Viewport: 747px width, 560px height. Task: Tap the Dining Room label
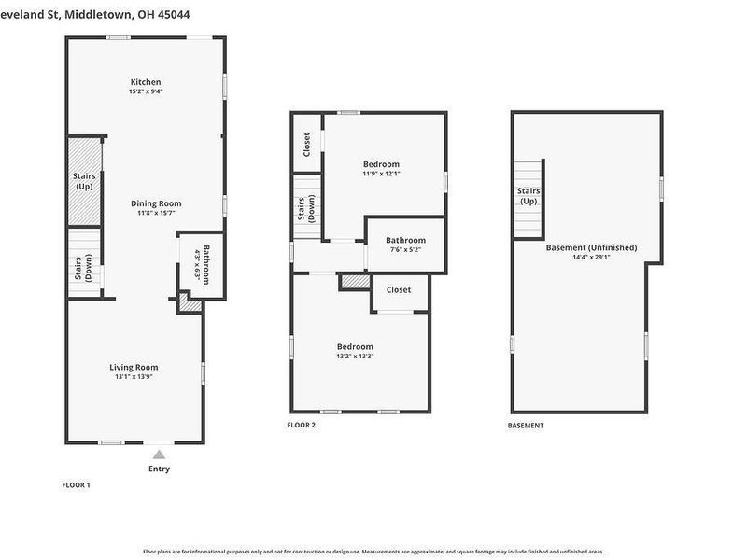click(x=155, y=203)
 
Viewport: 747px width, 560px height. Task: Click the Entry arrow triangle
click(x=159, y=455)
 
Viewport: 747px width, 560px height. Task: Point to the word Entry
click(x=159, y=469)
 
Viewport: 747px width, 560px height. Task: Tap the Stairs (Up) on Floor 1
click(x=83, y=181)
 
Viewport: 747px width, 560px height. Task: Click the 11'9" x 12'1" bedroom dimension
click(x=381, y=174)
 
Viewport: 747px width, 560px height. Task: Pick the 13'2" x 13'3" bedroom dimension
click(x=355, y=356)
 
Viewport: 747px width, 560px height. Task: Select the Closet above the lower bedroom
click(x=399, y=289)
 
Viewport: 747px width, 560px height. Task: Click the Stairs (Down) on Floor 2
click(x=305, y=217)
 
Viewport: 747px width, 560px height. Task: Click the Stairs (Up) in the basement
click(x=529, y=196)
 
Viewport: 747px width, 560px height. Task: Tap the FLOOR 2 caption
click(x=302, y=426)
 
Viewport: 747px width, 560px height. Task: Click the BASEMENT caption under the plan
click(x=526, y=426)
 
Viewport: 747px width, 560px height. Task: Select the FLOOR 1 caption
click(x=76, y=484)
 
